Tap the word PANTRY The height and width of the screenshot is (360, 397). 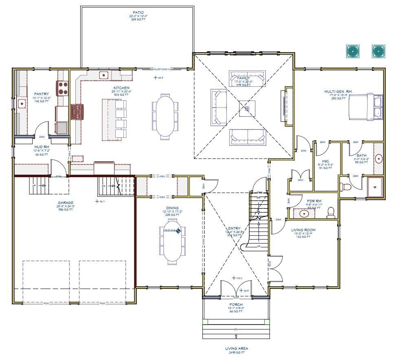pyautogui.click(x=41, y=94)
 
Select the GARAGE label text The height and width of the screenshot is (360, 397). pyautogui.click(x=66, y=202)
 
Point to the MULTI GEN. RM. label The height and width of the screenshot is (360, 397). pyautogui.click(x=338, y=91)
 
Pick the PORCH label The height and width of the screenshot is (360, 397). pyautogui.click(x=236, y=305)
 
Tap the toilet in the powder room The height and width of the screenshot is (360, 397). pyautogui.click(x=331, y=211)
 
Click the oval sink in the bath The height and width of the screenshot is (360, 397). pyautogui.click(x=378, y=158)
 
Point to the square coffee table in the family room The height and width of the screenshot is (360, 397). pyautogui.click(x=246, y=108)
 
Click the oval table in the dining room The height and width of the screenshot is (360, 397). pyautogui.click(x=173, y=241)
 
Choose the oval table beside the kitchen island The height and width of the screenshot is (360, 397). pyautogui.click(x=165, y=117)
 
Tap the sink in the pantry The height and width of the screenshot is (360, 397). pyautogui.click(x=21, y=104)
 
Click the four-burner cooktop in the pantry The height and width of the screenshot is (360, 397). pyautogui.click(x=62, y=88)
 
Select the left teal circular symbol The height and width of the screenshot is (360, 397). pyautogui.click(x=352, y=51)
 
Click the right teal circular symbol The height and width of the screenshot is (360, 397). pyautogui.click(x=378, y=51)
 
